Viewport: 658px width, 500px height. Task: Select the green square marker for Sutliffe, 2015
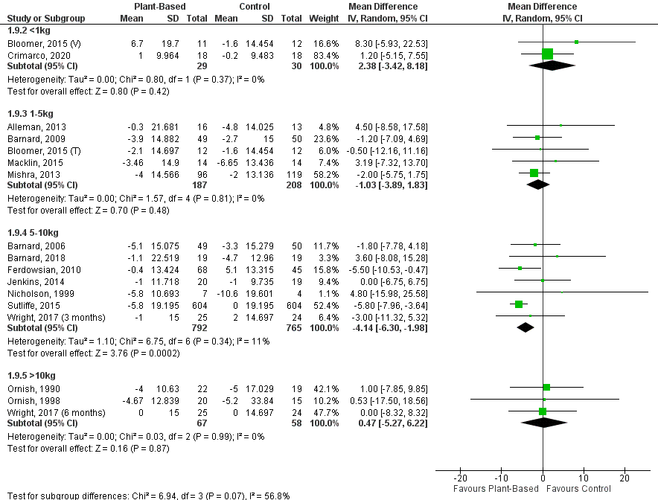pos(519,304)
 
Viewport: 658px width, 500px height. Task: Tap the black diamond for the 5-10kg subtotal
pos(526,327)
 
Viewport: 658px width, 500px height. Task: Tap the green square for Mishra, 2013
pos(534,173)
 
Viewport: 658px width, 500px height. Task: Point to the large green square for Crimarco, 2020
pos(548,54)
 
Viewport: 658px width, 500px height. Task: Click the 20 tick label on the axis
pos(625,478)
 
